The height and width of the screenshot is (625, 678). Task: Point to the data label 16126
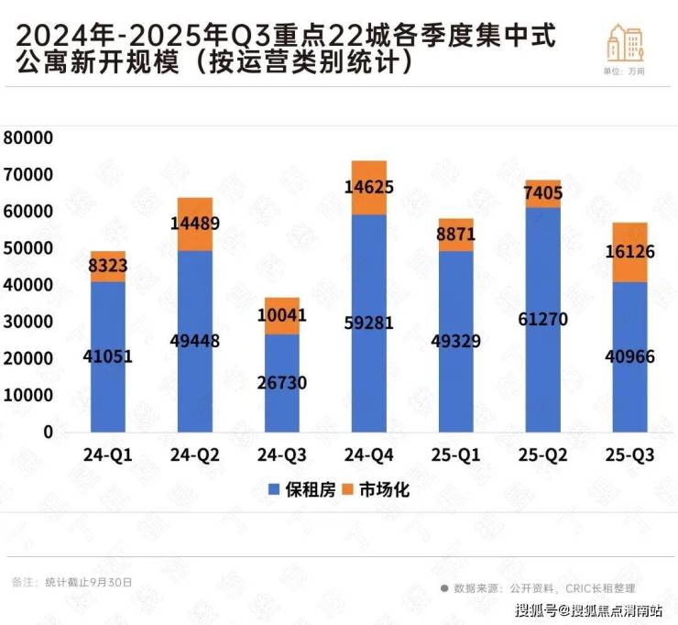coord(629,251)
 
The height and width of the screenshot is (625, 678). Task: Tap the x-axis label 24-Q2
coord(194,455)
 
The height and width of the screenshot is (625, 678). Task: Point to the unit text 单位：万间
coord(624,71)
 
